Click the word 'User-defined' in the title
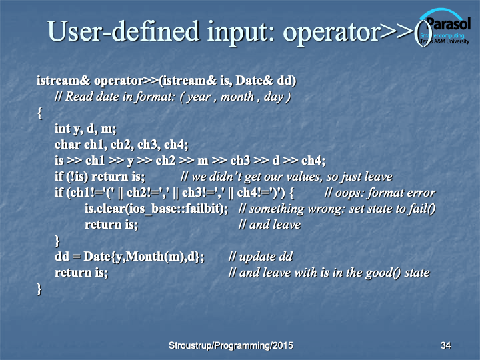click(123, 31)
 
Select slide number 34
click(445, 345)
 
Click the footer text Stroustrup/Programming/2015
click(231, 345)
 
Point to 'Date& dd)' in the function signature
click(266, 81)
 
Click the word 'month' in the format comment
click(237, 97)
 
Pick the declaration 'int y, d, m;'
click(85, 129)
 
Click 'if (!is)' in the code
click(71, 177)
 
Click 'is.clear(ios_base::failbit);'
click(156, 209)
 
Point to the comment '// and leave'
click(270, 225)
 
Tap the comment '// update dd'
click(261, 257)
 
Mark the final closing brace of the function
click(39, 289)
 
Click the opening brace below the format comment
click(39, 113)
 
